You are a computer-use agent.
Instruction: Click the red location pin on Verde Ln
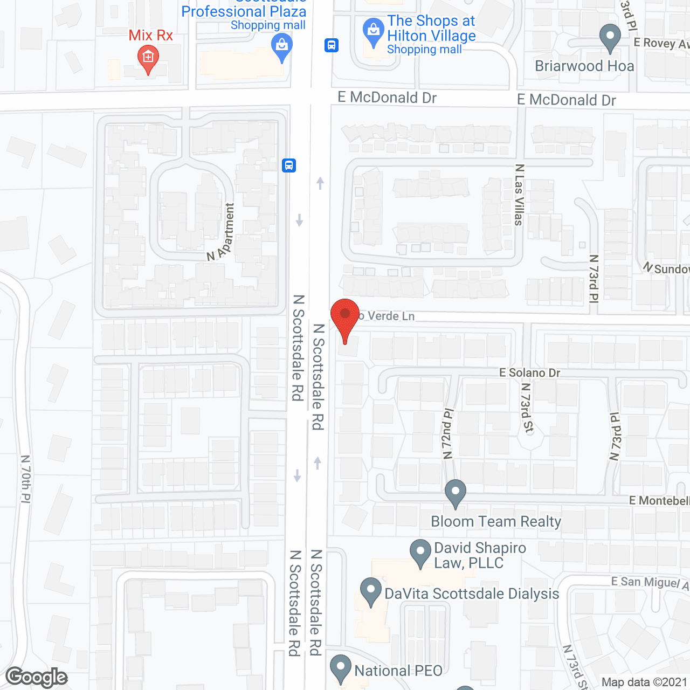pyautogui.click(x=344, y=315)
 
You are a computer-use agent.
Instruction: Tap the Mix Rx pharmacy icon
pyautogui.click(x=148, y=57)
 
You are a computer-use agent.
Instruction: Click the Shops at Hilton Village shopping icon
pyautogui.click(x=373, y=31)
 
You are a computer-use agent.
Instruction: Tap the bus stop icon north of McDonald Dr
pyautogui.click(x=332, y=45)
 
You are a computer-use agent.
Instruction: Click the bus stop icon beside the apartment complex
pyautogui.click(x=289, y=165)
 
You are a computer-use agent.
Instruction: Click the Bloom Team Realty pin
pyautogui.click(x=456, y=492)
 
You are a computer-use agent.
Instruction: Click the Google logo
pyautogui.click(x=37, y=677)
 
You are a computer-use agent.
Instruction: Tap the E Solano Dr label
pyautogui.click(x=529, y=372)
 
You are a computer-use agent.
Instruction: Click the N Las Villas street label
pyautogui.click(x=519, y=195)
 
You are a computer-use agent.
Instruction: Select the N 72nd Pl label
pyautogui.click(x=448, y=434)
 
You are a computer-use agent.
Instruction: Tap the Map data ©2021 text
pyautogui.click(x=644, y=682)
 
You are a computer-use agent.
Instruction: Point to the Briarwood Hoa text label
pyautogui.click(x=584, y=66)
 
